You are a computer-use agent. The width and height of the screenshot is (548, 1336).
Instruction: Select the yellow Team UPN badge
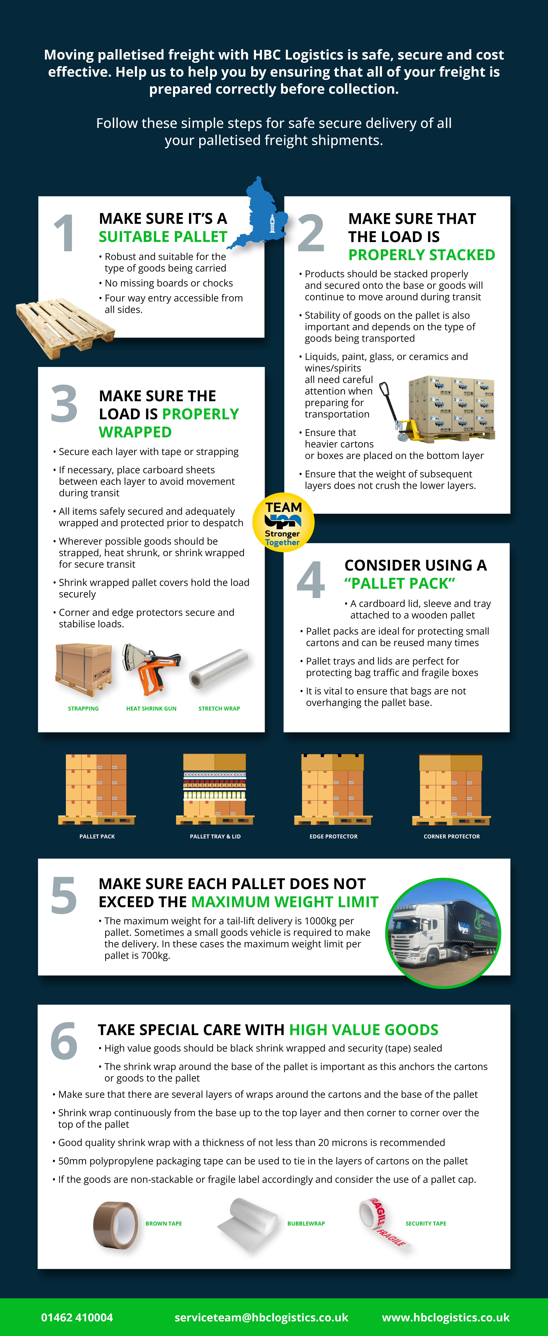point(283,522)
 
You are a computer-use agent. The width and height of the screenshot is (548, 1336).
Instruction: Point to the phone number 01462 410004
point(77,1317)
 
